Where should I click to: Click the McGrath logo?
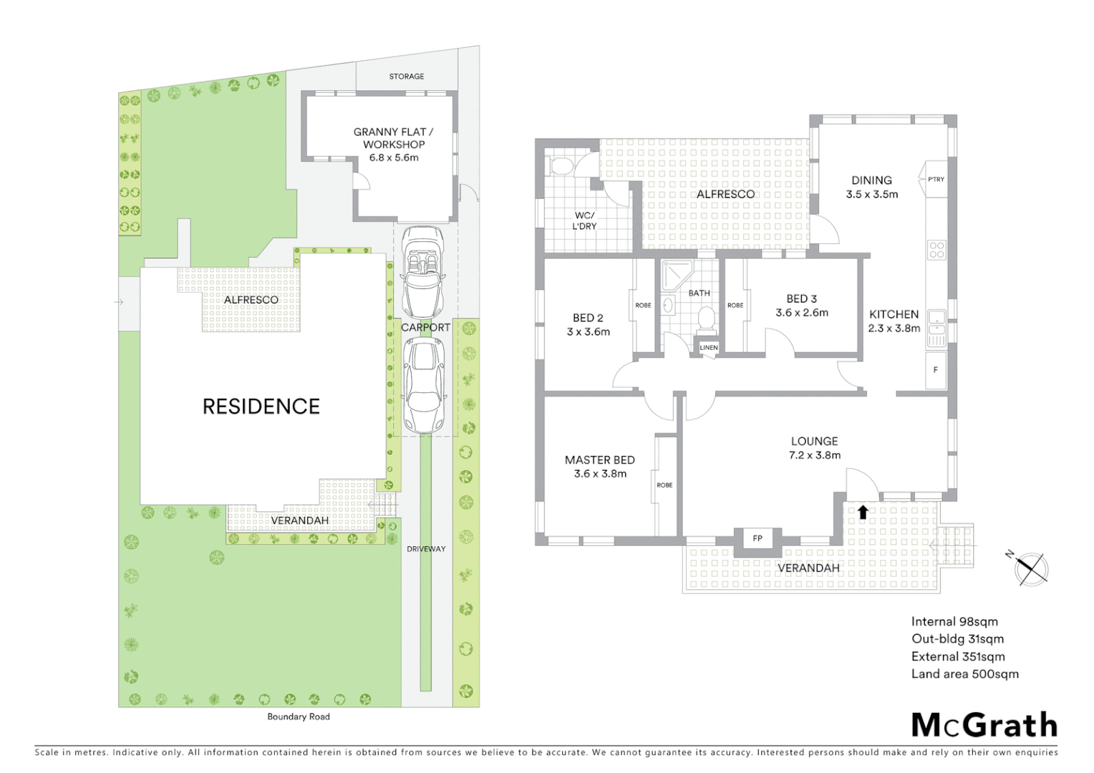(x=984, y=725)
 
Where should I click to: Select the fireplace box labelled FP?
(x=757, y=538)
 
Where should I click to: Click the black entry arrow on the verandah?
(x=863, y=512)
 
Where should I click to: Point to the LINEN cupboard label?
(x=708, y=348)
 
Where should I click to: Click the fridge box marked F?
(x=936, y=370)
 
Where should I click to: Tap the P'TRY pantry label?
(x=936, y=179)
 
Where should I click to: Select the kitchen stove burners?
(x=936, y=250)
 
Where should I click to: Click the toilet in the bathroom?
(x=706, y=316)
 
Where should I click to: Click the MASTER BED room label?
(x=600, y=460)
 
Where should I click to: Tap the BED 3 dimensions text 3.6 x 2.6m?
(x=802, y=313)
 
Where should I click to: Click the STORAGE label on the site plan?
(x=407, y=76)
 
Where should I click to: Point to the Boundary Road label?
(x=299, y=716)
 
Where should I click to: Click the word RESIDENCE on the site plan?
(x=261, y=407)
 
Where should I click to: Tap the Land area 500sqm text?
(x=964, y=674)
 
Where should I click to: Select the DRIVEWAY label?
(x=426, y=549)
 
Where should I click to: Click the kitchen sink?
(x=936, y=322)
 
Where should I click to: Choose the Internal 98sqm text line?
(x=954, y=622)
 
